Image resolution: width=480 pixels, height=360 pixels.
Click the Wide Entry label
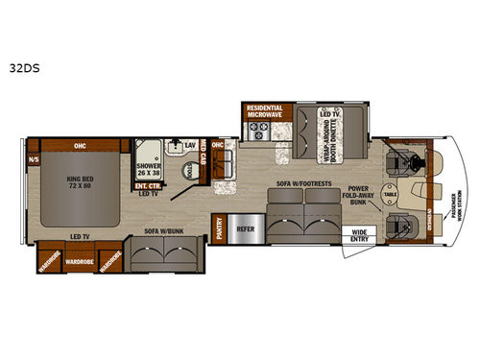click(x=361, y=233)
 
